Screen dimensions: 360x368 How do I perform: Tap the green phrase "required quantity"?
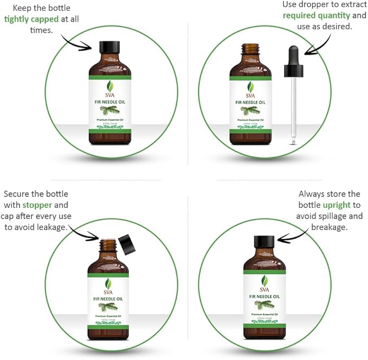pyautogui.click(x=317, y=15)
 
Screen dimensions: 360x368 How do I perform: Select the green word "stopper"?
pyautogui.click(x=37, y=205)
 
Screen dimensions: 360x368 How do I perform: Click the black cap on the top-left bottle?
pyautogui.click(x=110, y=47)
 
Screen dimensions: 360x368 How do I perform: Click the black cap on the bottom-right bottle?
pyautogui.click(x=264, y=243)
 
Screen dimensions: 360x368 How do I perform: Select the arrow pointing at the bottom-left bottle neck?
pyautogui.click(x=85, y=233)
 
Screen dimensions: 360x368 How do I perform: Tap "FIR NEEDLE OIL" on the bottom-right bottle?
pyautogui.click(x=264, y=296)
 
